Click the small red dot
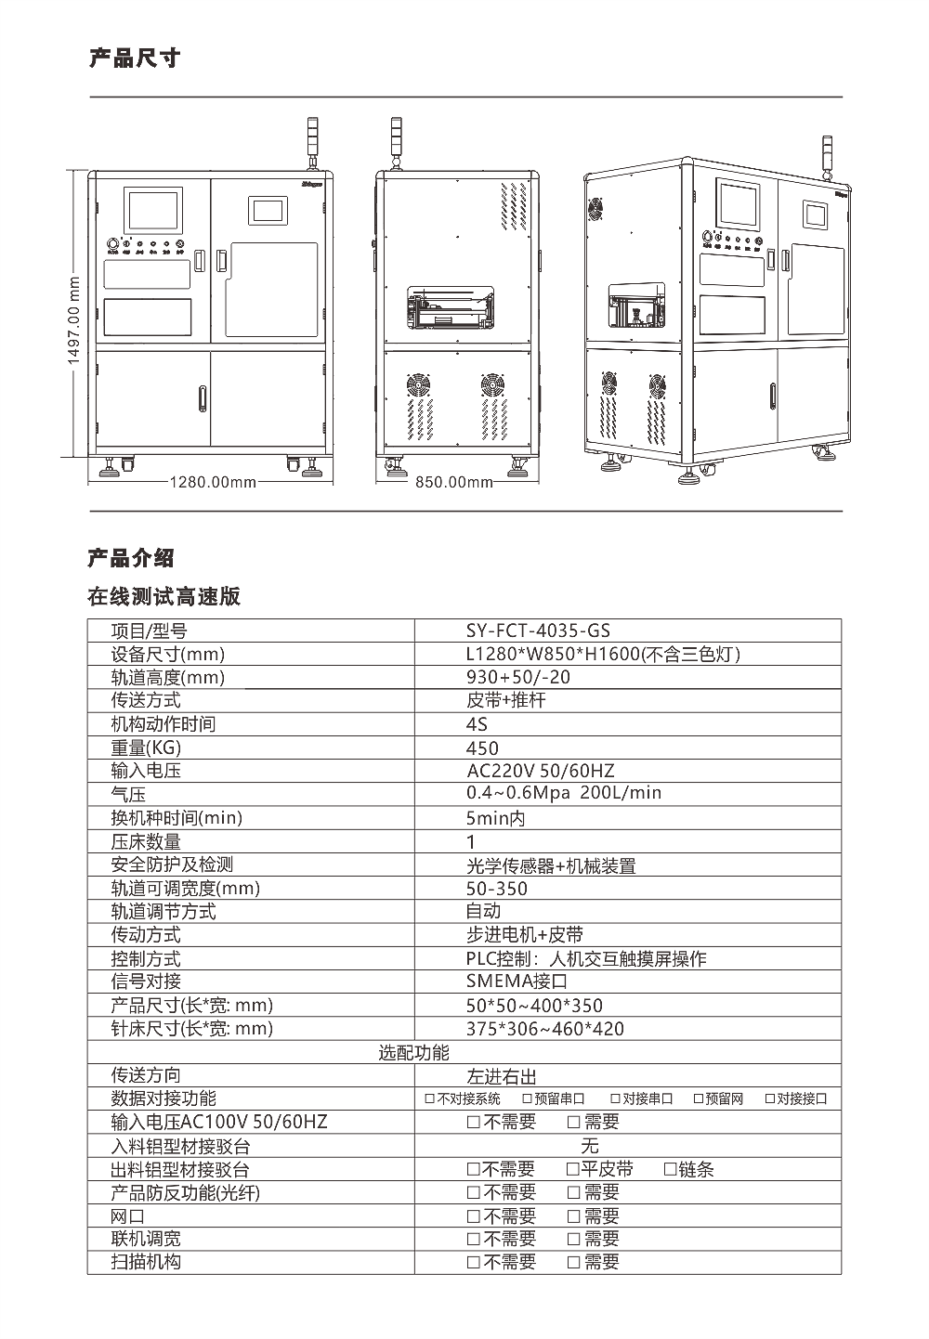(x=79, y=304)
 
